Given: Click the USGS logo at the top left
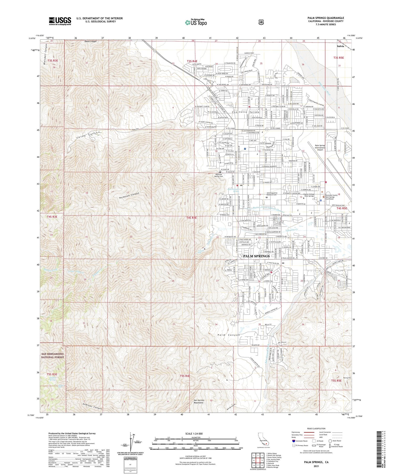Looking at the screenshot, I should click(60, 21).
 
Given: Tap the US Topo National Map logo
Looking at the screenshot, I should click(196, 22).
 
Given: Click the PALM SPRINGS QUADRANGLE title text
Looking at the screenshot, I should click(325, 18).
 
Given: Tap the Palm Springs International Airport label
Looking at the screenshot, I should click(320, 148).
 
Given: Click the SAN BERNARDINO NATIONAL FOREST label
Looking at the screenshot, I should click(52, 355).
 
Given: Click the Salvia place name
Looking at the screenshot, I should click(340, 46).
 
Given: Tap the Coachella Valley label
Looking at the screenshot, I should click(245, 112).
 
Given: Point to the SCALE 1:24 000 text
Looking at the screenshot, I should click(195, 433).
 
